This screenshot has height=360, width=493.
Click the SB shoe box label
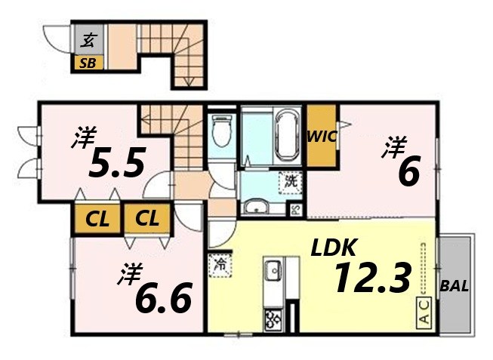(x=88, y=63)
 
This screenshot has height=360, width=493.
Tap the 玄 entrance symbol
(x=88, y=40)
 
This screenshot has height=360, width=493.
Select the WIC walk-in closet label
(x=322, y=137)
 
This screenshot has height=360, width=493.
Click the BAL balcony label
(x=454, y=286)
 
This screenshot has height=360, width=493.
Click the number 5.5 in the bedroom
(x=117, y=162)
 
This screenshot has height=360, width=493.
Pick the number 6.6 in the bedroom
(x=164, y=297)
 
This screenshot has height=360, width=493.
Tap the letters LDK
(x=334, y=247)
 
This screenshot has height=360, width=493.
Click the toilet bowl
(x=222, y=130)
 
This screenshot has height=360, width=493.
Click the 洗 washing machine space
(x=291, y=183)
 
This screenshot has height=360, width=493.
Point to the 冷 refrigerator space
(x=220, y=265)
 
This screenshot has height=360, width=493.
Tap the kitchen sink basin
(x=273, y=270)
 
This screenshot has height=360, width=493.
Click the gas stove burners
(x=273, y=320)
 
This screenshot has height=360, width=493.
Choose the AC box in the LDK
(x=424, y=312)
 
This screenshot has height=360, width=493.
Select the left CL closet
(x=97, y=219)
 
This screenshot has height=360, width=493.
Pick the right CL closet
(x=148, y=218)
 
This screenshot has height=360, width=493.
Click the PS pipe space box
(x=296, y=209)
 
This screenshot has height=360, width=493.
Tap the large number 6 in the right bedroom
(x=409, y=171)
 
